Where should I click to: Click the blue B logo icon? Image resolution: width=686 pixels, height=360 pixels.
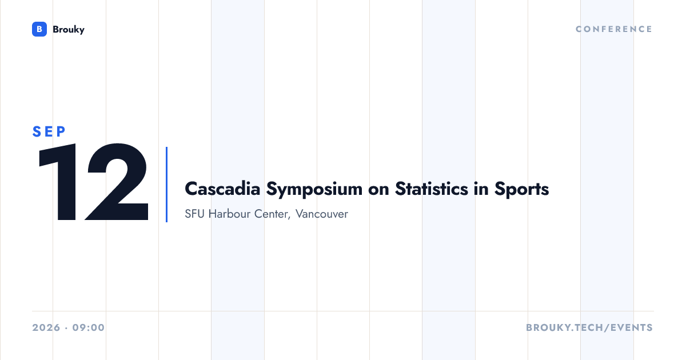point(39,29)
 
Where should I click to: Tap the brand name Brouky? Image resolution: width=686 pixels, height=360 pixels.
point(69,30)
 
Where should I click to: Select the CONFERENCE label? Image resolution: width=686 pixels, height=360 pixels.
point(614,29)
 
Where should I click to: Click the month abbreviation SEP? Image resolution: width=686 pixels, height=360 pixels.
point(49,131)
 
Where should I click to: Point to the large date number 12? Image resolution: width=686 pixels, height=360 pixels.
point(93,182)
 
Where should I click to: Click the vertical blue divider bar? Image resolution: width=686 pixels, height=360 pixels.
point(166,185)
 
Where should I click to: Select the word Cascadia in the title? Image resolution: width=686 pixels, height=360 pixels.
point(222,189)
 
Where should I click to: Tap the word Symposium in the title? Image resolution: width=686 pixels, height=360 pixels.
point(314,190)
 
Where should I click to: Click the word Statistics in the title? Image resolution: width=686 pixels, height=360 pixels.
point(432,189)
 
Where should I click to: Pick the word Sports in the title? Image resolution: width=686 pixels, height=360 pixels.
point(521,190)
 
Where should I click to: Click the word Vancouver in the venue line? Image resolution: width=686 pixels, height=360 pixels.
point(322,214)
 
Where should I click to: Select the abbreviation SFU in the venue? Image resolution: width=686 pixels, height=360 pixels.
point(194,214)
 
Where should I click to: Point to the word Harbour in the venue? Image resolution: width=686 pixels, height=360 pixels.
point(229,214)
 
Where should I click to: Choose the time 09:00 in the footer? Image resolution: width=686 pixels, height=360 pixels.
point(89,327)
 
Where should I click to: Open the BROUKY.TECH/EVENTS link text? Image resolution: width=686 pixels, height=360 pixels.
point(589,327)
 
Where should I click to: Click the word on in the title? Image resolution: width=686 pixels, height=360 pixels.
point(379,190)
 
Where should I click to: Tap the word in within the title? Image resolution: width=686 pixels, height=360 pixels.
point(481,189)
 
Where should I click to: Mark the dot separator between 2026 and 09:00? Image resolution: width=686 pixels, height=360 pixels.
point(66,328)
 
